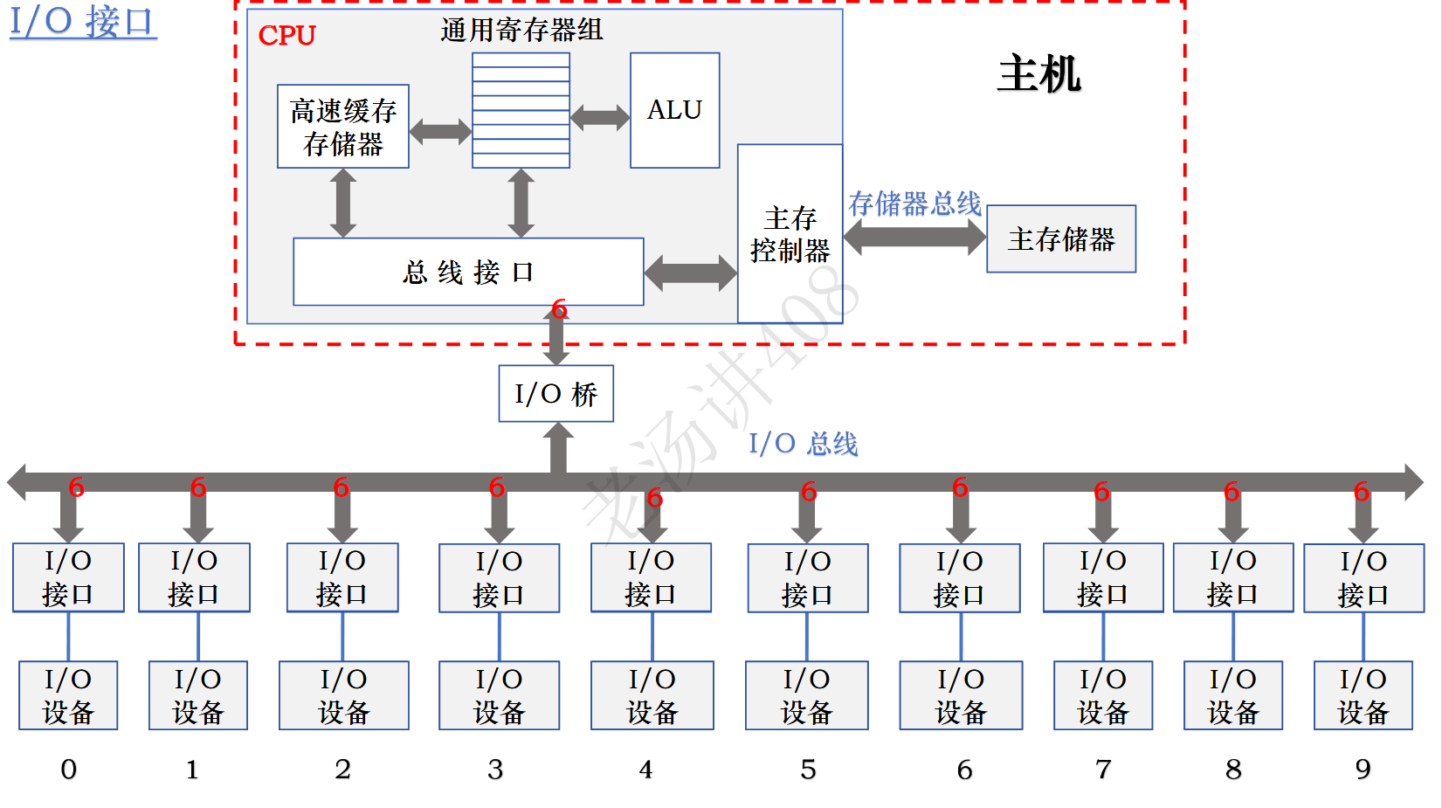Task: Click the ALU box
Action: tap(674, 110)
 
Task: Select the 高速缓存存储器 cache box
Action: tap(342, 127)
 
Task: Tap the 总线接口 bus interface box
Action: tap(468, 272)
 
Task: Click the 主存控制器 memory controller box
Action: tap(790, 234)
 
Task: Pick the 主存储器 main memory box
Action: tap(1060, 239)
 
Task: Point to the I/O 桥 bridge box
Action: tap(555, 394)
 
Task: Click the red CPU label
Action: tap(286, 36)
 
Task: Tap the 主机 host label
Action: tap(1038, 73)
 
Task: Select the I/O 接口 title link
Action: tap(83, 21)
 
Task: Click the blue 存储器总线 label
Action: tap(914, 204)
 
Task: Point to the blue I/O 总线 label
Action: tap(803, 444)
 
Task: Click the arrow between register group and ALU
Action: tap(600, 117)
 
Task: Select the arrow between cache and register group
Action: tap(440, 132)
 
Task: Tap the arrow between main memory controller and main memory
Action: tap(914, 237)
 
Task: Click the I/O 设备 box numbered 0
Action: tap(68, 695)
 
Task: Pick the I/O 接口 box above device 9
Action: tap(1363, 577)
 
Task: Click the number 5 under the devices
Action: tap(808, 770)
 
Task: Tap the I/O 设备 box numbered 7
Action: tap(1102, 695)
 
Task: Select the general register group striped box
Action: tap(521, 110)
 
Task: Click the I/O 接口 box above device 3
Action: tap(499, 577)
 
